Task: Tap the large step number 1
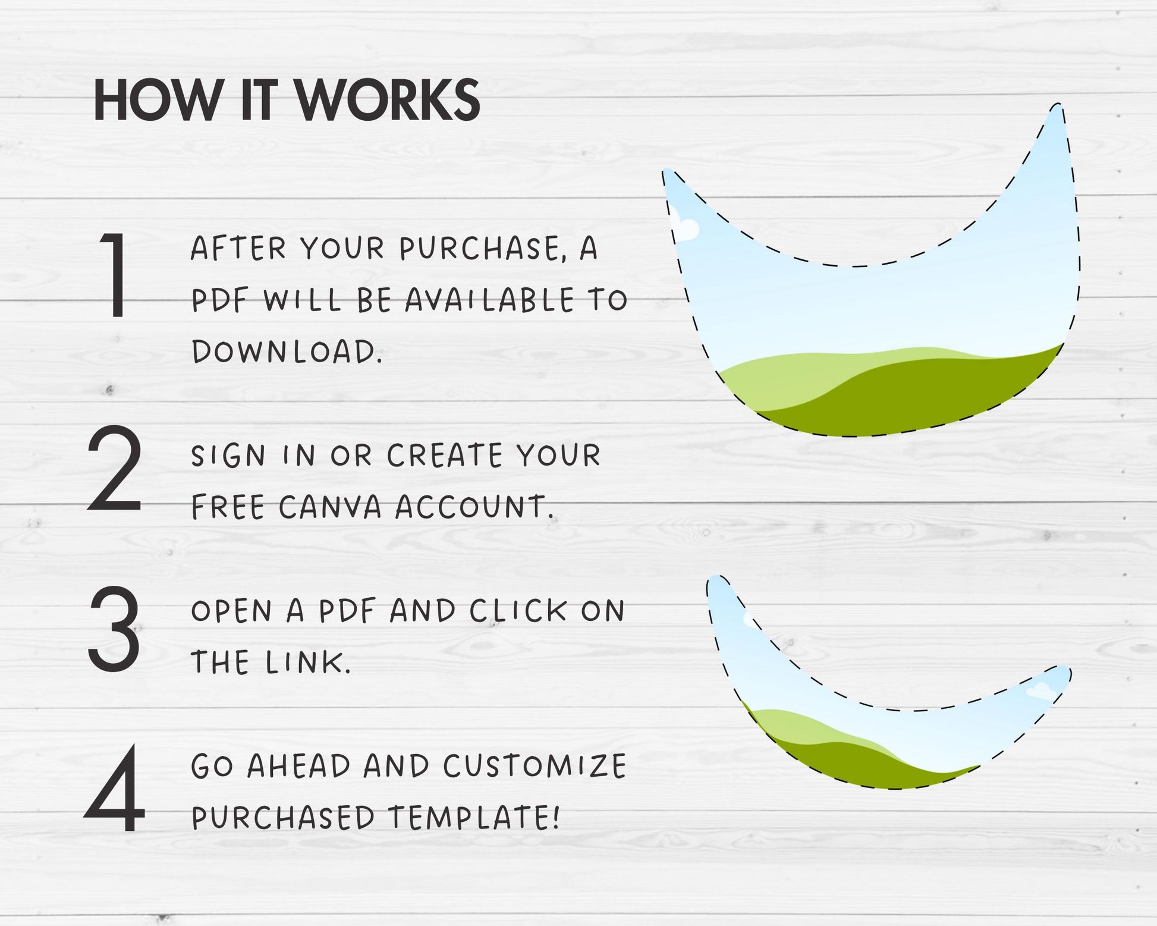pyautogui.click(x=115, y=275)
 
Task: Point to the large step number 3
pyautogui.click(x=114, y=629)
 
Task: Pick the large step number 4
pyautogui.click(x=115, y=789)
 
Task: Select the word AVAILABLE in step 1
pyautogui.click(x=489, y=300)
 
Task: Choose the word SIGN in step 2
pyautogui.click(x=228, y=456)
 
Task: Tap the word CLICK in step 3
pyautogui.click(x=518, y=611)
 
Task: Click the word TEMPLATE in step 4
pyautogui.click(x=474, y=817)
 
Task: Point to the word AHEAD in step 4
pyautogui.click(x=299, y=766)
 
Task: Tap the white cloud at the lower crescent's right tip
pyautogui.click(x=1039, y=690)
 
